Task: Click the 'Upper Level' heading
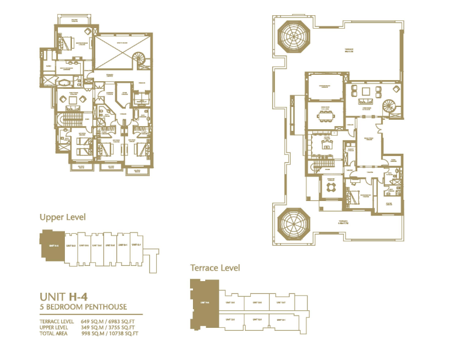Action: [63, 217]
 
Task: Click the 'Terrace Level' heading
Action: [215, 268]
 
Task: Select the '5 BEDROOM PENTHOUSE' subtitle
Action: [82, 307]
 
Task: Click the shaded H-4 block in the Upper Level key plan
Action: [51, 245]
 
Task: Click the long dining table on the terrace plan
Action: [325, 115]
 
